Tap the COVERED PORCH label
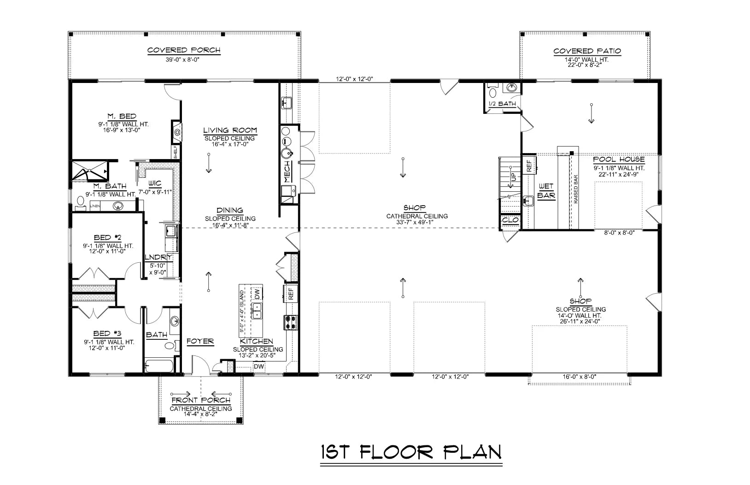coord(184,50)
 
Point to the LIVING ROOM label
coord(230,130)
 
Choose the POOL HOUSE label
coord(619,160)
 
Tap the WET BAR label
coord(546,191)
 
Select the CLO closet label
coord(510,220)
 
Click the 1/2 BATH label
coord(502,104)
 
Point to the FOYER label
coord(200,341)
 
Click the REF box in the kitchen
coord(291,293)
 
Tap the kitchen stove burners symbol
coord(291,322)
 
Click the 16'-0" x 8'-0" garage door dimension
coord(580,376)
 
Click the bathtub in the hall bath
coord(159,367)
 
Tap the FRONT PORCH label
coord(201,400)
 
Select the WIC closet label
coord(155,183)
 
